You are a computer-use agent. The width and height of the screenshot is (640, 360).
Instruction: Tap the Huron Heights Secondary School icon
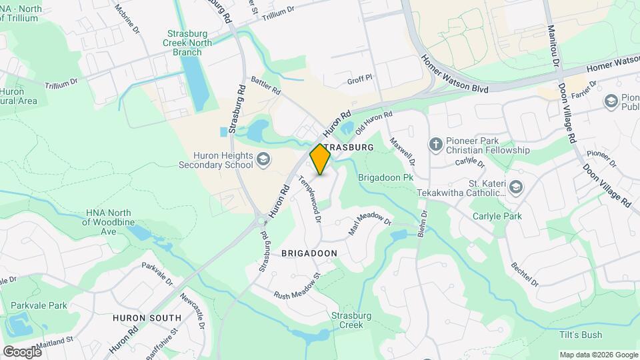point(264,158)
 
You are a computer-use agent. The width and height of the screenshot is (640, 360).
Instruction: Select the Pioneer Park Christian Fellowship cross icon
point(436,144)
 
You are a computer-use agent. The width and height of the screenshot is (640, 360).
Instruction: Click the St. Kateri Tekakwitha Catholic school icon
point(515,187)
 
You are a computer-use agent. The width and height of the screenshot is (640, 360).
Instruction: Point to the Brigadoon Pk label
point(386,178)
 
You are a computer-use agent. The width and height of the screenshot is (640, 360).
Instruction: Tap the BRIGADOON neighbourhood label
point(309,253)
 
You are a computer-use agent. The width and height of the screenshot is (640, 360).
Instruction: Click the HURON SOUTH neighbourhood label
point(147,318)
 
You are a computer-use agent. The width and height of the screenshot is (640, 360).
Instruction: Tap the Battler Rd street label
point(266,85)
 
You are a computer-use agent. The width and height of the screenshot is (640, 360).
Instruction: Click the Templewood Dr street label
point(311,198)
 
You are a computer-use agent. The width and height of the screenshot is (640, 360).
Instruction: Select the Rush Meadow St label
point(297,285)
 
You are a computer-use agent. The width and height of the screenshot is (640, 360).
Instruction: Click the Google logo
point(22,351)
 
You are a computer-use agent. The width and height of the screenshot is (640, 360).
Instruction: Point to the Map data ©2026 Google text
point(598,355)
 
